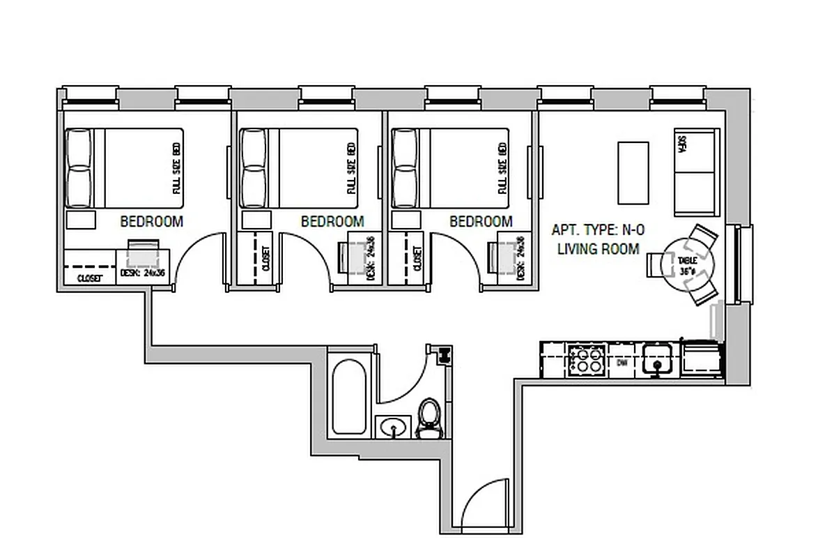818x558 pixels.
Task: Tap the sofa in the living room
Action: click(x=695, y=172)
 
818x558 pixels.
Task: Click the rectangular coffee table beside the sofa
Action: click(x=633, y=172)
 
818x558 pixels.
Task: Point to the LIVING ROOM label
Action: click(x=598, y=249)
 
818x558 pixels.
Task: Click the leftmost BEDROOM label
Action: click(x=151, y=222)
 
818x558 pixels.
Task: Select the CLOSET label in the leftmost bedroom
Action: click(x=89, y=278)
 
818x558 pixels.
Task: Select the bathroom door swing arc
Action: click(x=404, y=377)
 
